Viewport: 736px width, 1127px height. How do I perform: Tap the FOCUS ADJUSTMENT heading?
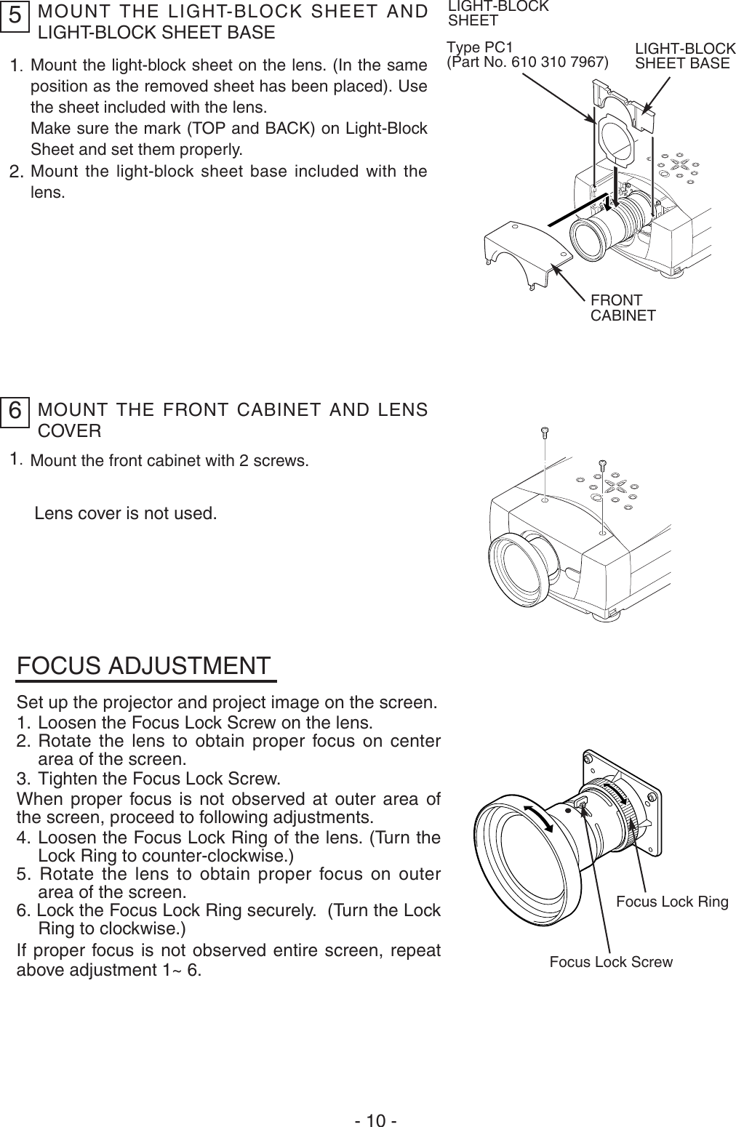click(144, 665)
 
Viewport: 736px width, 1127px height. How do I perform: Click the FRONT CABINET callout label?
click(623, 308)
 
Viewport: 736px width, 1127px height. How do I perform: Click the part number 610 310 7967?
click(559, 62)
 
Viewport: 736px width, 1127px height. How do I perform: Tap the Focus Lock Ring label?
click(671, 902)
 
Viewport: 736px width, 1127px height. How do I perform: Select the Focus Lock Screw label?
click(610, 962)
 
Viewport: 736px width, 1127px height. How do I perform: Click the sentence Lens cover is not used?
click(125, 513)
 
